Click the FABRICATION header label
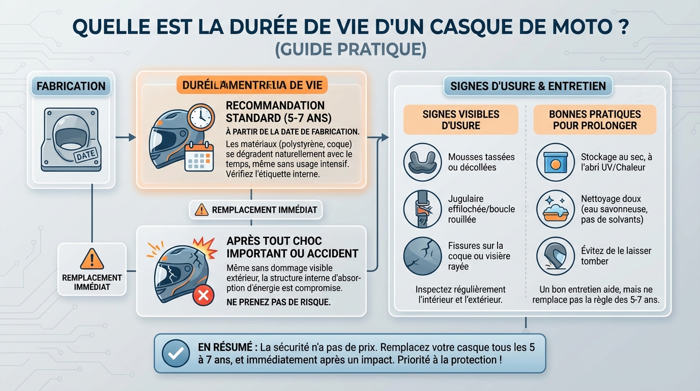click(x=71, y=86)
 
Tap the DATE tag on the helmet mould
click(x=86, y=156)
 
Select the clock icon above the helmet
click(x=200, y=118)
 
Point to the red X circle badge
click(x=204, y=295)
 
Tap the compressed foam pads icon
click(x=422, y=162)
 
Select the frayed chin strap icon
click(x=422, y=209)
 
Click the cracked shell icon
click(x=422, y=256)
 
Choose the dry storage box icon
click(x=556, y=162)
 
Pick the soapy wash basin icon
click(x=556, y=209)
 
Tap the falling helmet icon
click(x=556, y=256)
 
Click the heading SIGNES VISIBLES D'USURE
click(x=460, y=120)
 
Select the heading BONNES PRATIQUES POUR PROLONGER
click(x=595, y=120)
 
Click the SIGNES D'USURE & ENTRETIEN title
click(x=528, y=86)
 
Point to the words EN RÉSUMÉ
click(x=227, y=348)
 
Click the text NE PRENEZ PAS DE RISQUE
click(x=278, y=302)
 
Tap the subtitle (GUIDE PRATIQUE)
click(x=350, y=50)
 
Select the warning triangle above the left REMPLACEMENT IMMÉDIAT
click(x=92, y=259)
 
